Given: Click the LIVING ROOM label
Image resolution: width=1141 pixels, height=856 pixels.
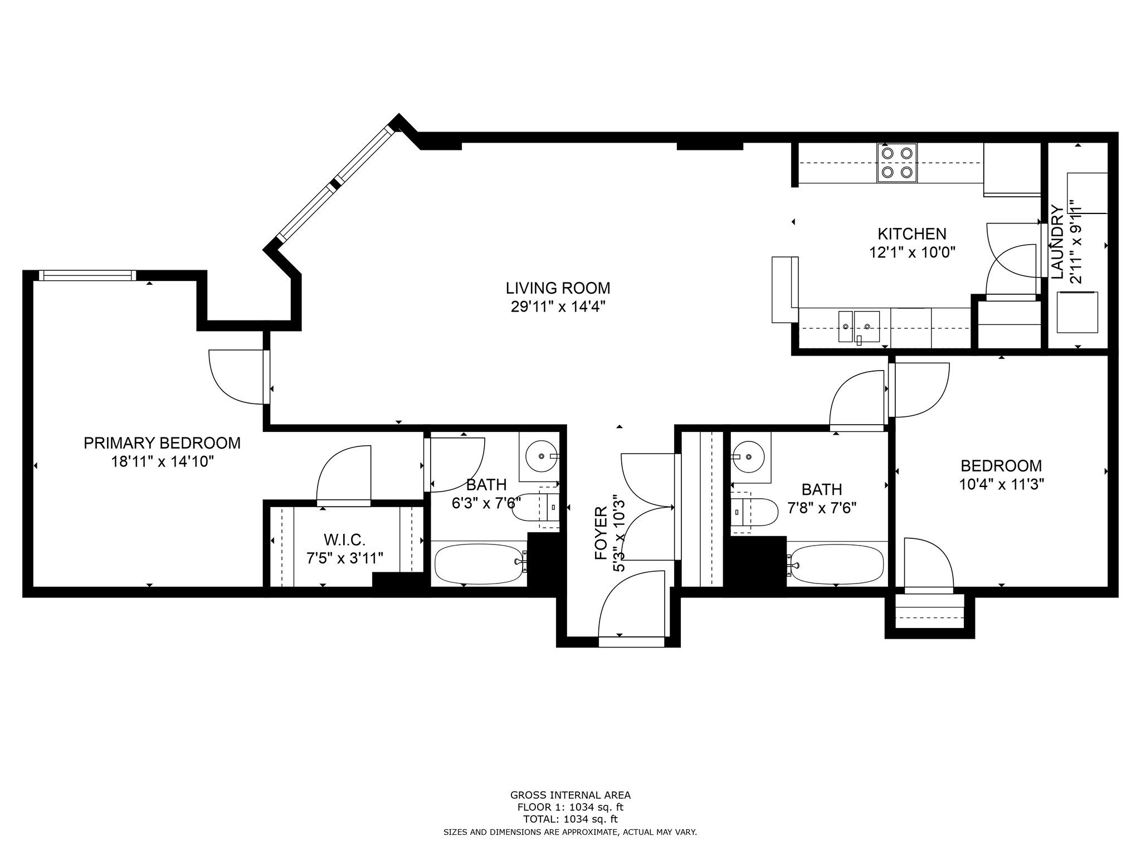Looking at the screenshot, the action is click(558, 288).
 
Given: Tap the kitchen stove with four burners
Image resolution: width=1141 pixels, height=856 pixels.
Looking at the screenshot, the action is click(897, 163).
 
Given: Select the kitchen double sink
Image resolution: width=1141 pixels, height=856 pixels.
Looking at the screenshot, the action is click(859, 327).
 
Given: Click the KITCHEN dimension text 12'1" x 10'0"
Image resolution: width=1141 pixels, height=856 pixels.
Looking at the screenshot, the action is click(912, 252).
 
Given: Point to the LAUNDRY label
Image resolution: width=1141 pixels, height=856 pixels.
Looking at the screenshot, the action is click(1057, 241).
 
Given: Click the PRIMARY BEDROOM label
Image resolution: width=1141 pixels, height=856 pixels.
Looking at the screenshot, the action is click(162, 443).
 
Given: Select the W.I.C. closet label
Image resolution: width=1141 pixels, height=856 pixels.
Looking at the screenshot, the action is click(344, 539).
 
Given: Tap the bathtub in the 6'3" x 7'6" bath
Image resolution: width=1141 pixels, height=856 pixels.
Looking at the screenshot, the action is click(480, 563).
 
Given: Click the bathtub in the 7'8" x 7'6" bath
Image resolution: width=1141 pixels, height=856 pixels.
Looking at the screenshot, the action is click(836, 564).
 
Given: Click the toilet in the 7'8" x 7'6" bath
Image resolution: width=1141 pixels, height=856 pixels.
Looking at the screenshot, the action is click(754, 512).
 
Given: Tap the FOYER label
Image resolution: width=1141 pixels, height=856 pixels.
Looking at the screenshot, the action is click(601, 533).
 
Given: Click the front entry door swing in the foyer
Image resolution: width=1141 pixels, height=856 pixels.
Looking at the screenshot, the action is click(632, 604).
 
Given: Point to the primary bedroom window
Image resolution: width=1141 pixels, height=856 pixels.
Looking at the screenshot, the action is click(87, 275).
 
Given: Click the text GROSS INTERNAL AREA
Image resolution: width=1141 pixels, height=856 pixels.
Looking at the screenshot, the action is click(570, 795).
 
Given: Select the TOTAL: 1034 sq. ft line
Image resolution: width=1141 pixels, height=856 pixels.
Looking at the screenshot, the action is click(570, 819).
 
